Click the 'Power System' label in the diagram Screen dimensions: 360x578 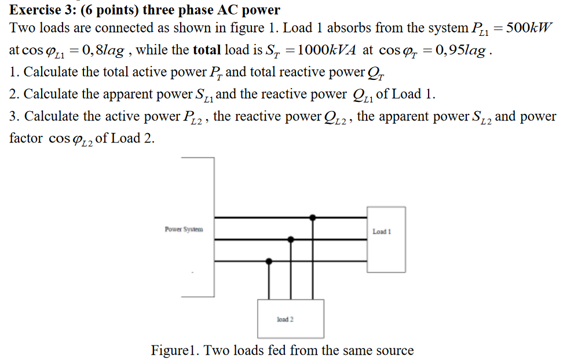184,230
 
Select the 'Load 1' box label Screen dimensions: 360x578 382,232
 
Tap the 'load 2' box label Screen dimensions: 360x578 286,319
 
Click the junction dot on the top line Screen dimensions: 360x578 313,218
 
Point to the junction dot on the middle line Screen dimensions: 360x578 291,239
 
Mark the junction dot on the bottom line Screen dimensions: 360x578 268,261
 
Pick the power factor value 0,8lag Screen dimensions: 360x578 104,50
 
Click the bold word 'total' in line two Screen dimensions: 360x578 206,50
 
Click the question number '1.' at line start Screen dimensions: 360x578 14,72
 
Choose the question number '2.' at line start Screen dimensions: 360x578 14,94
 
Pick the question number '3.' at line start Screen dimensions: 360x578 14,116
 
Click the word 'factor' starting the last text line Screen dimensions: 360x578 26,139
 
